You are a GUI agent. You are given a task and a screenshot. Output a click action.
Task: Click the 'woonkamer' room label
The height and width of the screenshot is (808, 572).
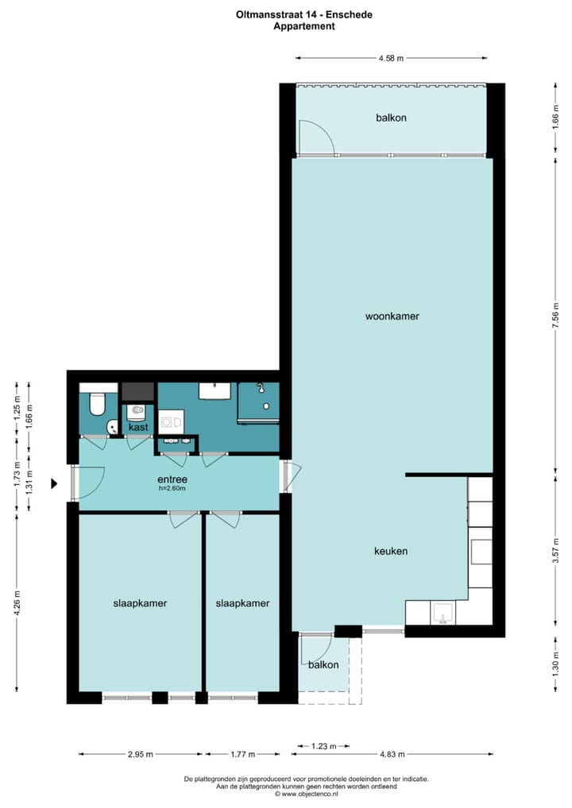[392, 316]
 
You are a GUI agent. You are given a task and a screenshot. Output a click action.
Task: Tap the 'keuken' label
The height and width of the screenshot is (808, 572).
[391, 551]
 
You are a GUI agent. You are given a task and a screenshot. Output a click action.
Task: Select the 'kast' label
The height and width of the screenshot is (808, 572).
[139, 427]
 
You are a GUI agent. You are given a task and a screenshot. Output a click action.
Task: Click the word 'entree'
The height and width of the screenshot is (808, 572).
[172, 479]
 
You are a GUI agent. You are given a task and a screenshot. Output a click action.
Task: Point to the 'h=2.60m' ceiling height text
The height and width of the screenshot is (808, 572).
[172, 489]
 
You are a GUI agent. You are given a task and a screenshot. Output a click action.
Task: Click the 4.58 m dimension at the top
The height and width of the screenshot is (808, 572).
[391, 58]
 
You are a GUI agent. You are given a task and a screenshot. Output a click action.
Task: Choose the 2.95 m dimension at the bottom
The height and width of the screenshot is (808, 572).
[141, 754]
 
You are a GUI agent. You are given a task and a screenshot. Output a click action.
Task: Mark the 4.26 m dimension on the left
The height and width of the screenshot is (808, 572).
[17, 602]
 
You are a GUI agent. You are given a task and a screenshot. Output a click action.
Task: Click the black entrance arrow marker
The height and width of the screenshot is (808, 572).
[55, 483]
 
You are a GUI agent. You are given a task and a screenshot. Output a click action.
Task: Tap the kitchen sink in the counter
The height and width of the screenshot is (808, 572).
[442, 612]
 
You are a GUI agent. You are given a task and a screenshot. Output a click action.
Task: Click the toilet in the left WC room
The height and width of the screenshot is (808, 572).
[97, 405]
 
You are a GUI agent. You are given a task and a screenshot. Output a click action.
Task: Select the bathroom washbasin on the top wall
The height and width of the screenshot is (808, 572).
[214, 391]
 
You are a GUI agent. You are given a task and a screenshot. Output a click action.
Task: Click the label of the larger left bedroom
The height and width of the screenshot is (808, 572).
[140, 603]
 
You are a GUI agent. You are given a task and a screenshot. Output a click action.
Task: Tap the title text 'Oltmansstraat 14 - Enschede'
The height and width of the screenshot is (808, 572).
[303, 14]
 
